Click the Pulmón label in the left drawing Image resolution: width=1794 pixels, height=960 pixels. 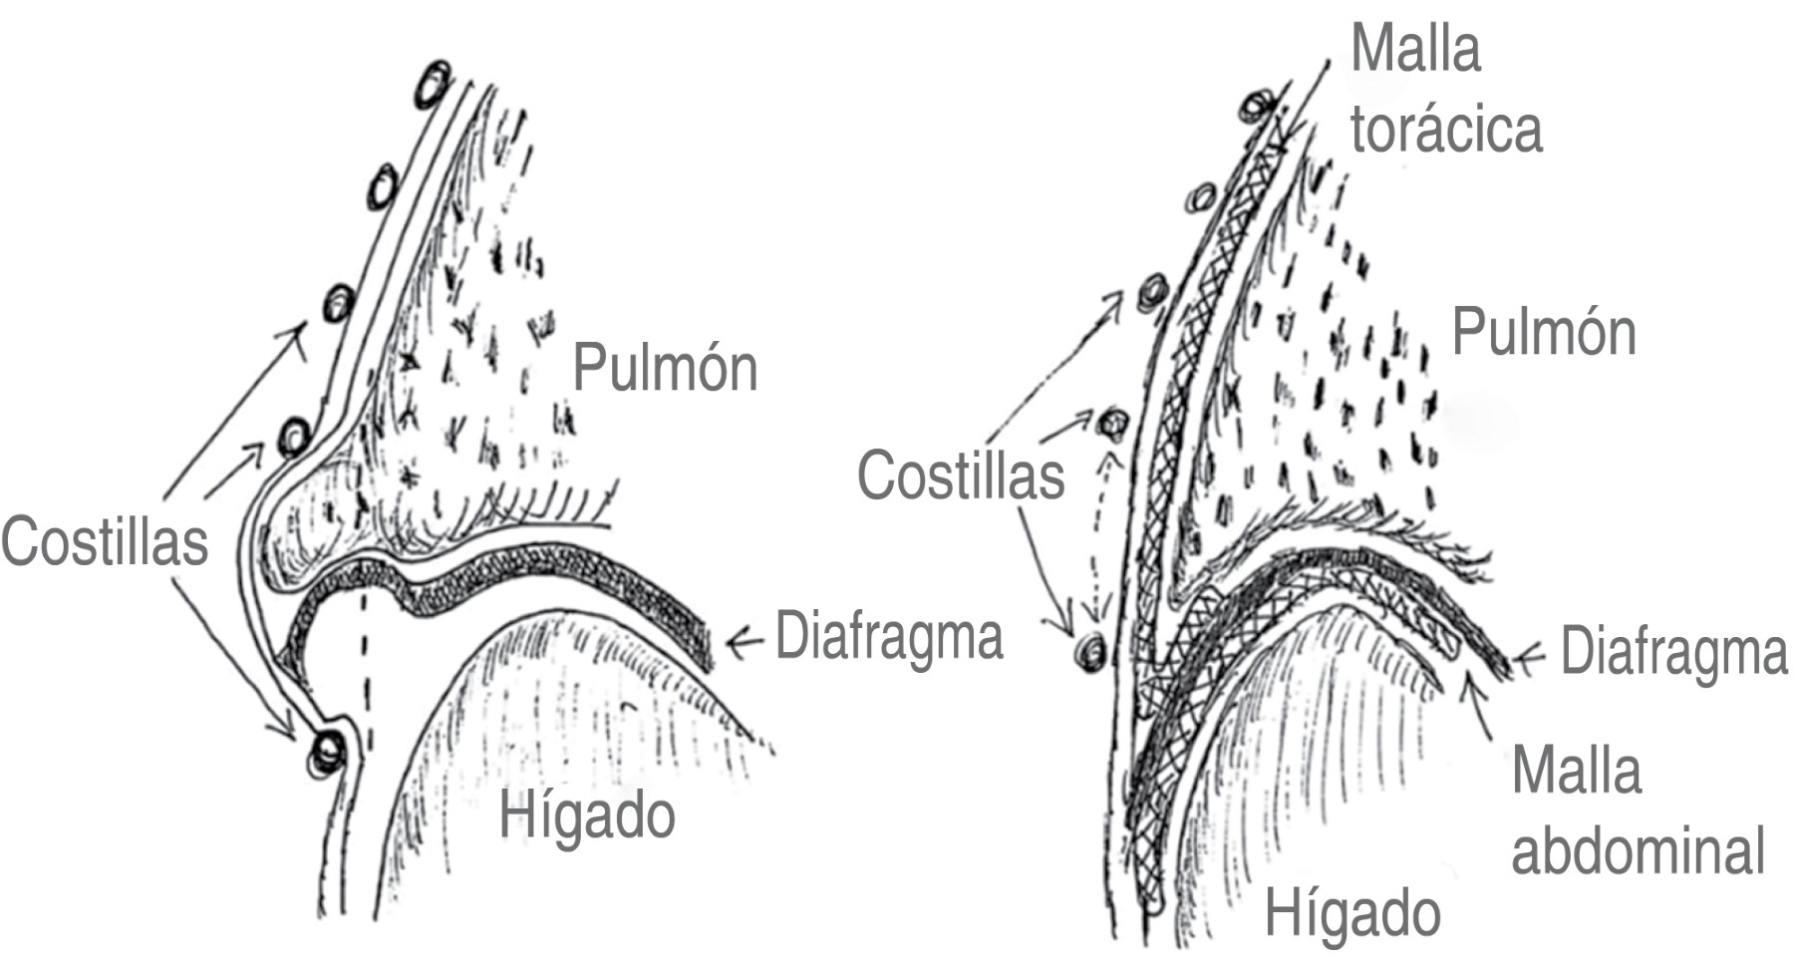(x=665, y=367)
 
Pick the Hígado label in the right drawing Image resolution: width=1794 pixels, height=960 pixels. (x=1352, y=912)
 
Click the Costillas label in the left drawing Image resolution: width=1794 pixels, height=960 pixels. (x=105, y=541)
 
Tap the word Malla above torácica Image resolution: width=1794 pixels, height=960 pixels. (x=1415, y=48)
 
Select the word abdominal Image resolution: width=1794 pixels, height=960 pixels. (x=1639, y=850)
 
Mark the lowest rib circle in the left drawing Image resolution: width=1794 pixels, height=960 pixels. (x=327, y=753)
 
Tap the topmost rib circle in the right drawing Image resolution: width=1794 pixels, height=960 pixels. (x=1259, y=106)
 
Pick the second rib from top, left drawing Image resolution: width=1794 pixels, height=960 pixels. (x=384, y=186)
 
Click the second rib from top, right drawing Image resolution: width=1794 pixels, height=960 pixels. (x=1202, y=197)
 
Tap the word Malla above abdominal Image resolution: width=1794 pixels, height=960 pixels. (x=1577, y=771)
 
